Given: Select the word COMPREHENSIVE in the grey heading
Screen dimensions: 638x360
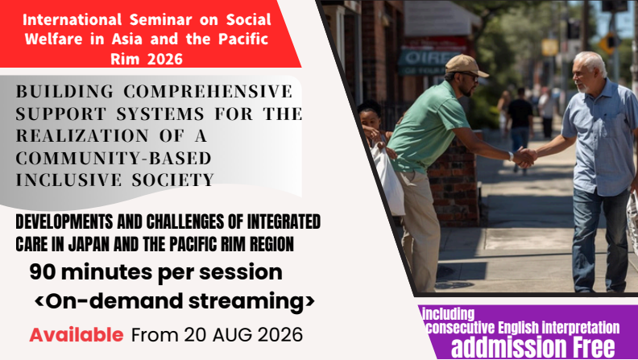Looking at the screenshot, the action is pyautogui.click(x=208, y=92).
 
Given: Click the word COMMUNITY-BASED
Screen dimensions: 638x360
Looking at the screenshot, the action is pyautogui.click(x=114, y=158).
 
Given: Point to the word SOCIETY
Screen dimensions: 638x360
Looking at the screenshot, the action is pyautogui.click(x=172, y=180).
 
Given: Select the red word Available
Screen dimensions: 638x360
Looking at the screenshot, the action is pyautogui.click(x=77, y=335).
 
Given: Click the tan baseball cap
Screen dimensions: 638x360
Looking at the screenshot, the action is pyautogui.click(x=465, y=65).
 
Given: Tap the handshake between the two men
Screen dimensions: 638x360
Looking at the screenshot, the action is pyautogui.click(x=524, y=157).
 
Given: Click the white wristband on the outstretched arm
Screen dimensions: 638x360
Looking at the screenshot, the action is pyautogui.click(x=510, y=155).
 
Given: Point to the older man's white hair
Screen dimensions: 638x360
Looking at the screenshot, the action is pyautogui.click(x=592, y=61).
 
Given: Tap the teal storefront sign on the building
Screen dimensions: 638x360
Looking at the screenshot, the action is pyautogui.click(x=423, y=62).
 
